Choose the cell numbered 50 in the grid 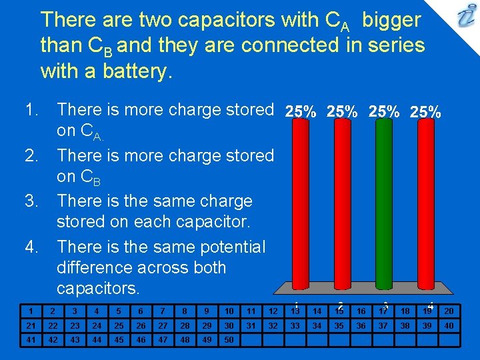click(229, 339)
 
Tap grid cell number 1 click(31, 311)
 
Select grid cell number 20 click(449, 311)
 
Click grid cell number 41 click(31, 339)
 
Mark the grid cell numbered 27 click(163, 325)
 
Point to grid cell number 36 click(361, 325)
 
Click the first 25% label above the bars click(301, 113)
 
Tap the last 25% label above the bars click(425, 113)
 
